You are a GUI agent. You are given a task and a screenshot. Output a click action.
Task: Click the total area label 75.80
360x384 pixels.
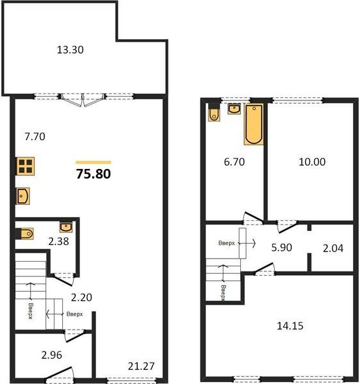pos(94,174)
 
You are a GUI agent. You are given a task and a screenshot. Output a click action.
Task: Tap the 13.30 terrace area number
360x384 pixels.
pos(70,50)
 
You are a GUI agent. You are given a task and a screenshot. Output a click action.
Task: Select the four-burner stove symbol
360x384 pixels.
pos(25,166)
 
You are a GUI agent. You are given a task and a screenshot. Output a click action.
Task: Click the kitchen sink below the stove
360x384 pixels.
pos(23,196)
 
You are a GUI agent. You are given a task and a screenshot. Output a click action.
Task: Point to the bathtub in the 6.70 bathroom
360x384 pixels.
pos(254,124)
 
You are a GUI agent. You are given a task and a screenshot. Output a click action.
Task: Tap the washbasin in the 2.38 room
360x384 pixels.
pos(66,227)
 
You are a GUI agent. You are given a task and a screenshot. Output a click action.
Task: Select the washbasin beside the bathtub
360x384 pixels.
pos(234,109)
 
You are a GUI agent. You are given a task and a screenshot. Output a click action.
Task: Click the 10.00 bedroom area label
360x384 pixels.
pos(312,162)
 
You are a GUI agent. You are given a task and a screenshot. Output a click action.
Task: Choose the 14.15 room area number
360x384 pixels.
pos(290,326)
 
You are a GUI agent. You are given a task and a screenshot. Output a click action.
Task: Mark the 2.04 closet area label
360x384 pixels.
pos(333,248)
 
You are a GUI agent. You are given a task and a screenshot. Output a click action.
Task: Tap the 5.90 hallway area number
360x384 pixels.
pos(282,248)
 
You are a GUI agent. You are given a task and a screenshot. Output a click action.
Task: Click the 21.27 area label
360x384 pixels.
pos(141,366)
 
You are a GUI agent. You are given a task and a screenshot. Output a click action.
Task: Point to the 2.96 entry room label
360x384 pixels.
pos(51,355)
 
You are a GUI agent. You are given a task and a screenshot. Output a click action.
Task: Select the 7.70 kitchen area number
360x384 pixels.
pos(35,136)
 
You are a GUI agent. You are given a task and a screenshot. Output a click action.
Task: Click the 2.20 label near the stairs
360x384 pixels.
pos(81,298)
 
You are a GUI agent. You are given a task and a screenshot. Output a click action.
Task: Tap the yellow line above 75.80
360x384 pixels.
pos(94,163)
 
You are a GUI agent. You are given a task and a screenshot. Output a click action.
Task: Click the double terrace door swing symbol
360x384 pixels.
pos(83,100)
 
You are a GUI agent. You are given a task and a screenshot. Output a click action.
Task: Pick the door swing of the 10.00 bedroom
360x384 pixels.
pos(287,227)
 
